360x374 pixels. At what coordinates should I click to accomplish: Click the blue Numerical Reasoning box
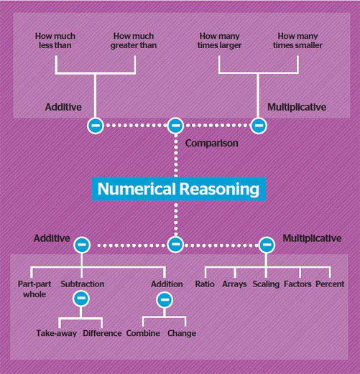point(179,189)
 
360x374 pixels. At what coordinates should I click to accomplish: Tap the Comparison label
point(212,144)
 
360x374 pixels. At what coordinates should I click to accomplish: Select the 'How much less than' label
point(55,41)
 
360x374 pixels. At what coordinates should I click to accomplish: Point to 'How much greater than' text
point(134,41)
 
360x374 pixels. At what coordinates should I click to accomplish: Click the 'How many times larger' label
point(219,41)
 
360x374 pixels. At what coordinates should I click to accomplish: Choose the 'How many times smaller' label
point(297,41)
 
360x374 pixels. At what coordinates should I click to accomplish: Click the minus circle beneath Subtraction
point(81,299)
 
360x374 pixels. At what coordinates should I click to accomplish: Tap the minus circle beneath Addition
point(165,299)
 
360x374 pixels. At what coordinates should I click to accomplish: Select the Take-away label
point(57,333)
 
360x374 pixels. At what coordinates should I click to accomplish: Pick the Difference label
point(102,333)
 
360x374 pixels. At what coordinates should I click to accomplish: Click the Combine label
point(143,333)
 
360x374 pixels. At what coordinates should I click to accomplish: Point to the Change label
point(182,333)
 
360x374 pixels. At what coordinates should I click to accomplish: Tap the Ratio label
point(205,284)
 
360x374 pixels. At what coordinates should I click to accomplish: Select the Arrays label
point(234,284)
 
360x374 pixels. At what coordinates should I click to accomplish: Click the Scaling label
point(266,284)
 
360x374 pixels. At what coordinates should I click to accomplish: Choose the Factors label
point(297,284)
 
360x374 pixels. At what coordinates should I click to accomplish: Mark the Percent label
point(330,284)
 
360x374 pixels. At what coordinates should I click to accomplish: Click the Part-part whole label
point(34,289)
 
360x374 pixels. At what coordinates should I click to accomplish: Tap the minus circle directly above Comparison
point(175,126)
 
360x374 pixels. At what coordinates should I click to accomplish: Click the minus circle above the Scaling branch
point(267,245)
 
